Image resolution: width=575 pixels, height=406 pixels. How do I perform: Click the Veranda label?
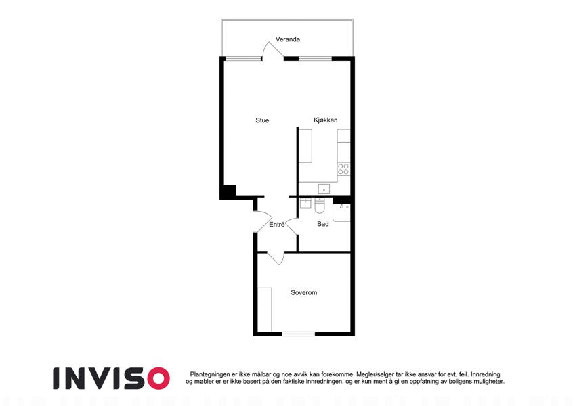(288, 39)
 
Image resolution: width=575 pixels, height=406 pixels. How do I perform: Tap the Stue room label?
(262, 120)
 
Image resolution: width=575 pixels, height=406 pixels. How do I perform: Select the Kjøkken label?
(325, 120)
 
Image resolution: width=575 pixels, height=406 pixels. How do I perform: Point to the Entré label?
(277, 224)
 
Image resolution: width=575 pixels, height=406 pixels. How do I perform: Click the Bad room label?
(322, 224)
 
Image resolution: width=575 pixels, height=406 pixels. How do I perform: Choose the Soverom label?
(304, 292)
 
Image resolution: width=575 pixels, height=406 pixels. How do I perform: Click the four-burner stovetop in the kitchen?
(343, 169)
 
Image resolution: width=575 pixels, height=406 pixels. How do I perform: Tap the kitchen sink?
(324, 189)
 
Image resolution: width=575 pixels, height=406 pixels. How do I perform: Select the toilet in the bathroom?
(320, 206)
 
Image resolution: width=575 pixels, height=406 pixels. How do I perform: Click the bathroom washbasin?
(305, 203)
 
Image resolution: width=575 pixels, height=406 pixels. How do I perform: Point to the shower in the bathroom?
(342, 212)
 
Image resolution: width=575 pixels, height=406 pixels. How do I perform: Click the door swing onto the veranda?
(272, 51)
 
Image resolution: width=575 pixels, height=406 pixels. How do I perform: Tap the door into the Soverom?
(276, 258)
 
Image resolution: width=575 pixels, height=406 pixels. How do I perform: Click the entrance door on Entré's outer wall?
(263, 222)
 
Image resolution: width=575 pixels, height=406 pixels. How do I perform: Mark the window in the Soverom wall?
(298, 334)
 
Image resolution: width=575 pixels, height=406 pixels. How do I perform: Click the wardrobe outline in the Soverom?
(264, 309)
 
